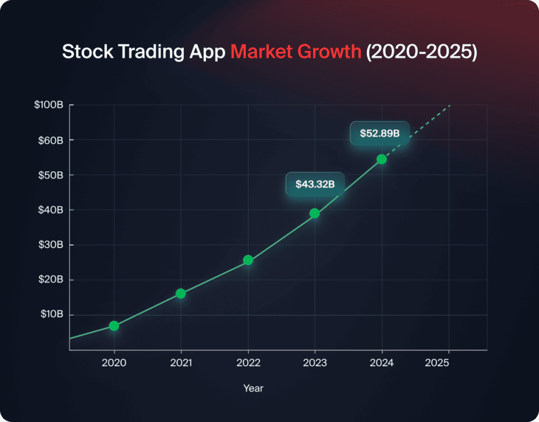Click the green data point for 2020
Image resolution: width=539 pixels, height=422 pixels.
pyautogui.click(x=114, y=326)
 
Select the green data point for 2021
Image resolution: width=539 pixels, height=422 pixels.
pyautogui.click(x=181, y=294)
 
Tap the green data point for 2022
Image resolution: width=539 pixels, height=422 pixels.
pyautogui.click(x=248, y=260)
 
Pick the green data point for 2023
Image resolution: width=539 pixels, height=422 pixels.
pyautogui.click(x=315, y=213)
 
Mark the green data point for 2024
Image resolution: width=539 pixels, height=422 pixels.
pyautogui.click(x=382, y=159)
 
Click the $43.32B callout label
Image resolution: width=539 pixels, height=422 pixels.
pyautogui.click(x=315, y=185)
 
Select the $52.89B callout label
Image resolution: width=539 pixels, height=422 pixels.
pyautogui.click(x=380, y=134)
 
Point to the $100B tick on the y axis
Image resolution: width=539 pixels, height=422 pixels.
pyautogui.click(x=49, y=105)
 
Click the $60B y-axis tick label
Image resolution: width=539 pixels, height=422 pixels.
pyautogui.click(x=51, y=140)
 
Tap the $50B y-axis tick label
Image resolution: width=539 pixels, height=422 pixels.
pyautogui.click(x=51, y=175)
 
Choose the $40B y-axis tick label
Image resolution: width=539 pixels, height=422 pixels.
pyautogui.click(x=51, y=210)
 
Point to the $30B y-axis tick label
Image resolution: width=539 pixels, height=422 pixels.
pyautogui.click(x=51, y=245)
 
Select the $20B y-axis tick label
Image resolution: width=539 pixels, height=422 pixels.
pyautogui.click(x=51, y=280)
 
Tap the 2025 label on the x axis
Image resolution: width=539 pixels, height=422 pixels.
pyautogui.click(x=448, y=363)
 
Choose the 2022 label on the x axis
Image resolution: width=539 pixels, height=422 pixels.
pyautogui.click(x=248, y=363)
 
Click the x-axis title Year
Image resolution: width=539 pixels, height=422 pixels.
pyautogui.click(x=253, y=388)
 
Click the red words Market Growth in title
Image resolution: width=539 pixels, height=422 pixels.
pyautogui.click(x=296, y=52)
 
